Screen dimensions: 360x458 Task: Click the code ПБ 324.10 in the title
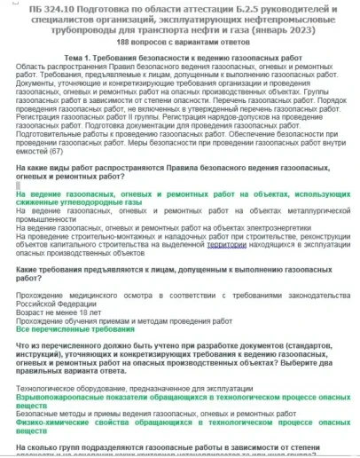pyautogui.click(x=51, y=7)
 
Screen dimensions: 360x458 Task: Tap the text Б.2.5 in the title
pyautogui.click(x=233, y=7)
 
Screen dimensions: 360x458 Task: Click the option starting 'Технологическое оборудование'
pyautogui.click(x=115, y=387)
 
